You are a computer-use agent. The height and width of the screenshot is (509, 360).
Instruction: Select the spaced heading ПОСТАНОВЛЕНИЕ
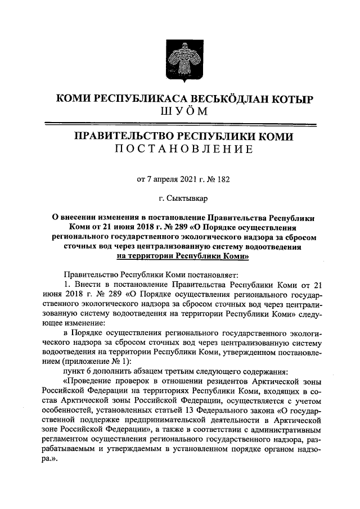point(179,149)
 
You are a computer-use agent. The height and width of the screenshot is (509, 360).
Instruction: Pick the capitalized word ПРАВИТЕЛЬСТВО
point(124,137)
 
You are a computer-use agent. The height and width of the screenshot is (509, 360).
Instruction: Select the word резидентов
point(227,380)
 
